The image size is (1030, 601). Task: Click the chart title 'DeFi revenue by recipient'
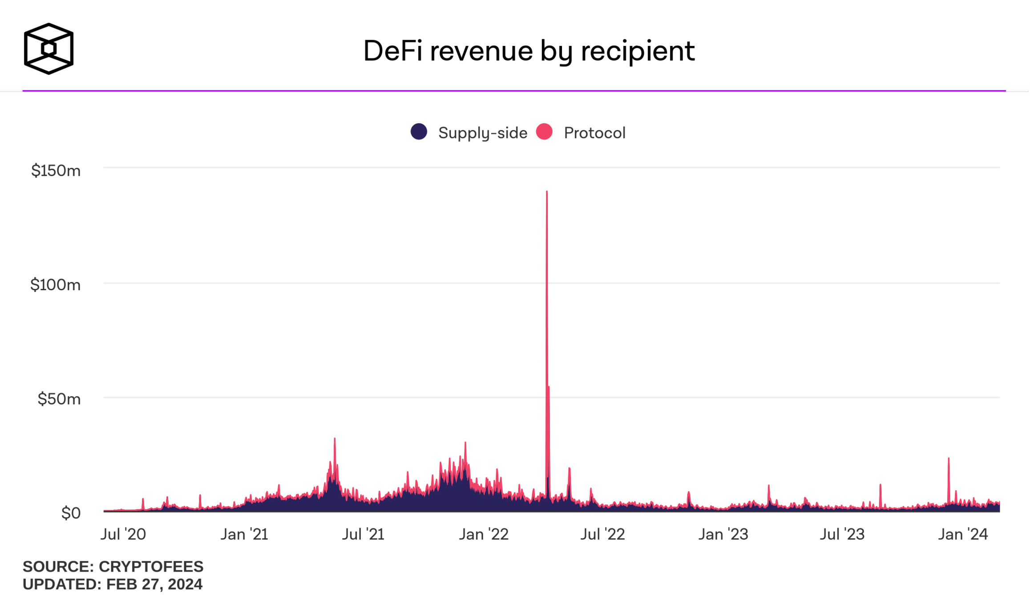[529, 51]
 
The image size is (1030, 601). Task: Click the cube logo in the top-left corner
[48, 49]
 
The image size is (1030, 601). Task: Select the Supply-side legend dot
[419, 132]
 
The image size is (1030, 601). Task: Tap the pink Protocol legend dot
[544, 132]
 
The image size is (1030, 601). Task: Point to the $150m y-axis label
[56, 171]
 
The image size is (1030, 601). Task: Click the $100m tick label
[56, 285]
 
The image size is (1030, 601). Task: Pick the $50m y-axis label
[59, 399]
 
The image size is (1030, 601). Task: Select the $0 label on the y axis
[71, 513]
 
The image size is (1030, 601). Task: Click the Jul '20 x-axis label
[123, 534]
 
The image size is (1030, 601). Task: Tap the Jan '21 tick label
[244, 534]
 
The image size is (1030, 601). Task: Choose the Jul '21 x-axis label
[363, 534]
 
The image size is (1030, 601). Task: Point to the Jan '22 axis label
[484, 534]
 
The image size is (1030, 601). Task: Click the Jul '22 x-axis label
[602, 534]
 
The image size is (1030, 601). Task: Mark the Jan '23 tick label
[723, 534]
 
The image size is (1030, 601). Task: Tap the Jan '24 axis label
[963, 534]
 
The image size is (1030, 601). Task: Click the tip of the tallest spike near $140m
[547, 192]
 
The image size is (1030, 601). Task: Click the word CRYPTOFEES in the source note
[151, 567]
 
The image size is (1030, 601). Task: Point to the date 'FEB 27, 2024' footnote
[154, 585]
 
